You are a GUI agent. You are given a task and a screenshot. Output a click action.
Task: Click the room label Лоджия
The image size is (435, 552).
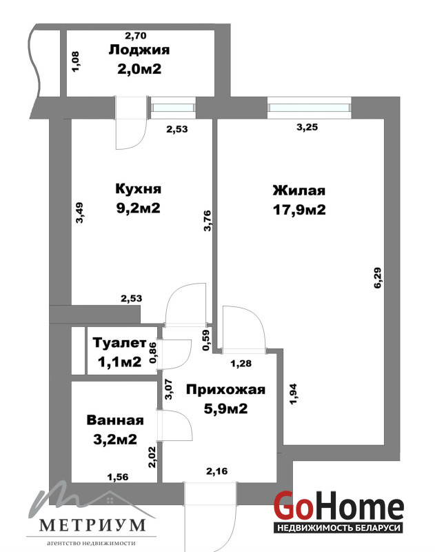point(139,50)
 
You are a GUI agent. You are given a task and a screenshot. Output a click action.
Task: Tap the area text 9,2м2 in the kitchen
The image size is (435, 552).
point(138,208)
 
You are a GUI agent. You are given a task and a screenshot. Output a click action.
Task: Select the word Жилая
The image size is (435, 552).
point(299,191)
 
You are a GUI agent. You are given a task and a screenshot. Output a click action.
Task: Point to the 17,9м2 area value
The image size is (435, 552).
point(299,210)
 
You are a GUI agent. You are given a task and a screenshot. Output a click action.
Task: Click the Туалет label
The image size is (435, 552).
point(119,343)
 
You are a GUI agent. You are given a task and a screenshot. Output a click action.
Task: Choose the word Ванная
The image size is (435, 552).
point(115,420)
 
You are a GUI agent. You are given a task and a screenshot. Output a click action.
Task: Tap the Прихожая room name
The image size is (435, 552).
point(225,390)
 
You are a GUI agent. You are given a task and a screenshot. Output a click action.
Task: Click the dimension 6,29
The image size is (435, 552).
point(377,278)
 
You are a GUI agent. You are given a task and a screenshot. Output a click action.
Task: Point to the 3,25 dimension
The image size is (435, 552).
point(307,127)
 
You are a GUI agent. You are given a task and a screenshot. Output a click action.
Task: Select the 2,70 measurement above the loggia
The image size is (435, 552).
point(136,36)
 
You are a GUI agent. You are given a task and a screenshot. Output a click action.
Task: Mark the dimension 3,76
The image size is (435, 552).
point(208,220)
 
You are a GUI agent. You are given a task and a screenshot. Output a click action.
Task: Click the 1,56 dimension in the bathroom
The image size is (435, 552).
point(118,477)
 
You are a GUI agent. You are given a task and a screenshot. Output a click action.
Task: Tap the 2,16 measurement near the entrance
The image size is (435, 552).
point(217,471)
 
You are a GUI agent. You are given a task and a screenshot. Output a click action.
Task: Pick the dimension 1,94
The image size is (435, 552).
point(293,393)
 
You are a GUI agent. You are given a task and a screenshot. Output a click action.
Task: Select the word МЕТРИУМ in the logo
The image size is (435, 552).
point(92,525)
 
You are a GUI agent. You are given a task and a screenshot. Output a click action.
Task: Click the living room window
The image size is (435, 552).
point(309,107)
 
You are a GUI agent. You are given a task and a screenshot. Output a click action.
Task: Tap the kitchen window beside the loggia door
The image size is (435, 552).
point(172,107)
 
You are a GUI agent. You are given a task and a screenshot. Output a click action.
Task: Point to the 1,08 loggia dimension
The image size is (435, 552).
point(76,62)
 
